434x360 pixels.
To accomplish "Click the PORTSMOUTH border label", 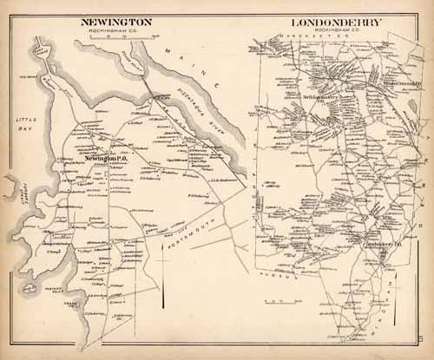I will point(182,242).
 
